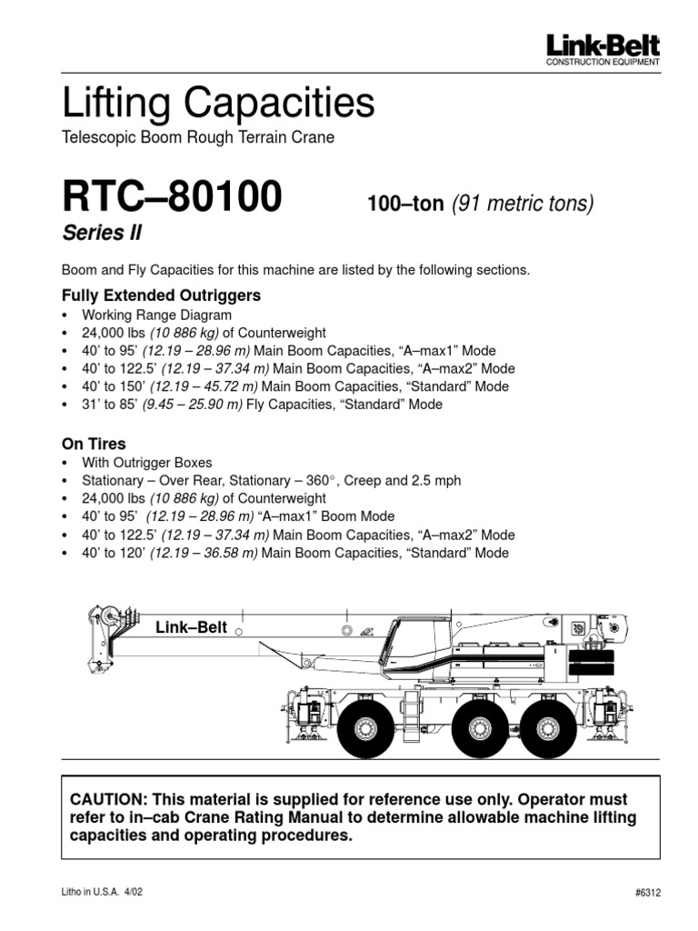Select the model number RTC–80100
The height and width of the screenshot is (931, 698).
[172, 198]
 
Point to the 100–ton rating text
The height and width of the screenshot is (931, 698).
[404, 204]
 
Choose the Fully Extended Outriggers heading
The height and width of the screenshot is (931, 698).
[161, 295]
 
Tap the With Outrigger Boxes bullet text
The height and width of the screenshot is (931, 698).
[146, 463]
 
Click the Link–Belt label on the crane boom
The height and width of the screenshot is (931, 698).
[191, 626]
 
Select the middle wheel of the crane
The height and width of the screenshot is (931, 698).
[479, 726]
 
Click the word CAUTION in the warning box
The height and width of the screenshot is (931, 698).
[108, 800]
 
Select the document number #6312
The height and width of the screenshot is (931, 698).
[648, 893]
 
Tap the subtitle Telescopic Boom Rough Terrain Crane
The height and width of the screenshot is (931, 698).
[198, 138]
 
